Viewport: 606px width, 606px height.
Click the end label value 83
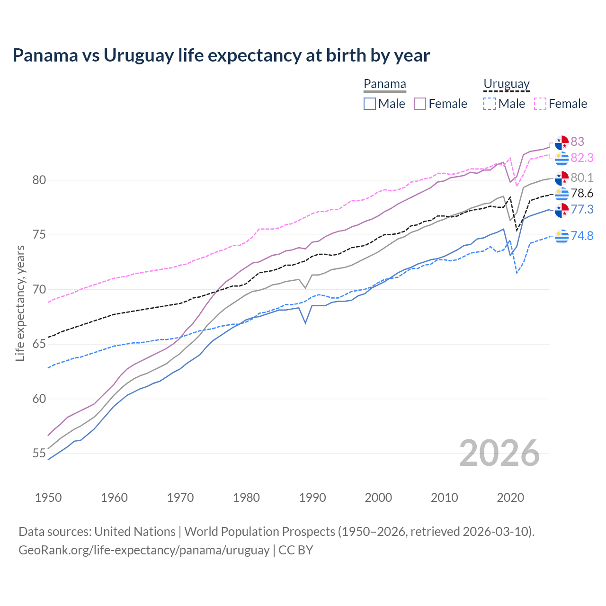coord(577,142)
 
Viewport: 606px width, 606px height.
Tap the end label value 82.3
coord(582,158)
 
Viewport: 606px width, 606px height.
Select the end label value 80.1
coord(582,178)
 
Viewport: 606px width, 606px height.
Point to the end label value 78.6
coord(582,193)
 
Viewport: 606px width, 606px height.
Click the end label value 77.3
coord(582,209)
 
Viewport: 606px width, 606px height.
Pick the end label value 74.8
coord(582,236)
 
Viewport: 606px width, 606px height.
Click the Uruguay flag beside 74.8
coord(561,235)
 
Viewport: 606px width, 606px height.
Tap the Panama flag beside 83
coord(561,142)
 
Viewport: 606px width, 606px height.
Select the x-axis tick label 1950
coord(48,498)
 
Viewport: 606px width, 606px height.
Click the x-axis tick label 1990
coord(312,498)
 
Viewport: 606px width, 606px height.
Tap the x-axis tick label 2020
coord(510,498)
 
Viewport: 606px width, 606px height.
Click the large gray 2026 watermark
coord(499,453)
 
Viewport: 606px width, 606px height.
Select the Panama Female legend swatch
coord(420,104)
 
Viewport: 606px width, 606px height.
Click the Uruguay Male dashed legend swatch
coord(490,104)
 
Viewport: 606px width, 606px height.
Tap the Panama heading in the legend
coord(385,84)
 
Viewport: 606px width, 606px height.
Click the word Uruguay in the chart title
coord(139,55)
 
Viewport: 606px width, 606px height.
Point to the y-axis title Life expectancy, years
coord(20,303)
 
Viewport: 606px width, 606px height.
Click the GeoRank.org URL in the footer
coord(144,550)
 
